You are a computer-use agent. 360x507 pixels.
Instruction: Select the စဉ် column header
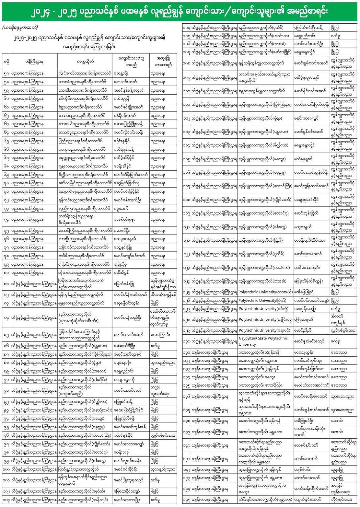(x=6, y=62)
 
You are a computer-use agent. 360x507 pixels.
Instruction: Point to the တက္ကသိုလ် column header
(x=85, y=62)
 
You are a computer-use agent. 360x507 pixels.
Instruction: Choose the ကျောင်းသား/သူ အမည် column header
(x=131, y=62)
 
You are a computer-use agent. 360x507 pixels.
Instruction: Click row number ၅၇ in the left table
(x=6, y=73)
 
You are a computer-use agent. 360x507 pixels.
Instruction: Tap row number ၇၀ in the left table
(x=6, y=183)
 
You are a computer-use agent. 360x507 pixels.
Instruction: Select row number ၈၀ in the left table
(x=6, y=272)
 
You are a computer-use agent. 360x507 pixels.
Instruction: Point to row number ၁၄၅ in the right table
(x=186, y=500)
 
